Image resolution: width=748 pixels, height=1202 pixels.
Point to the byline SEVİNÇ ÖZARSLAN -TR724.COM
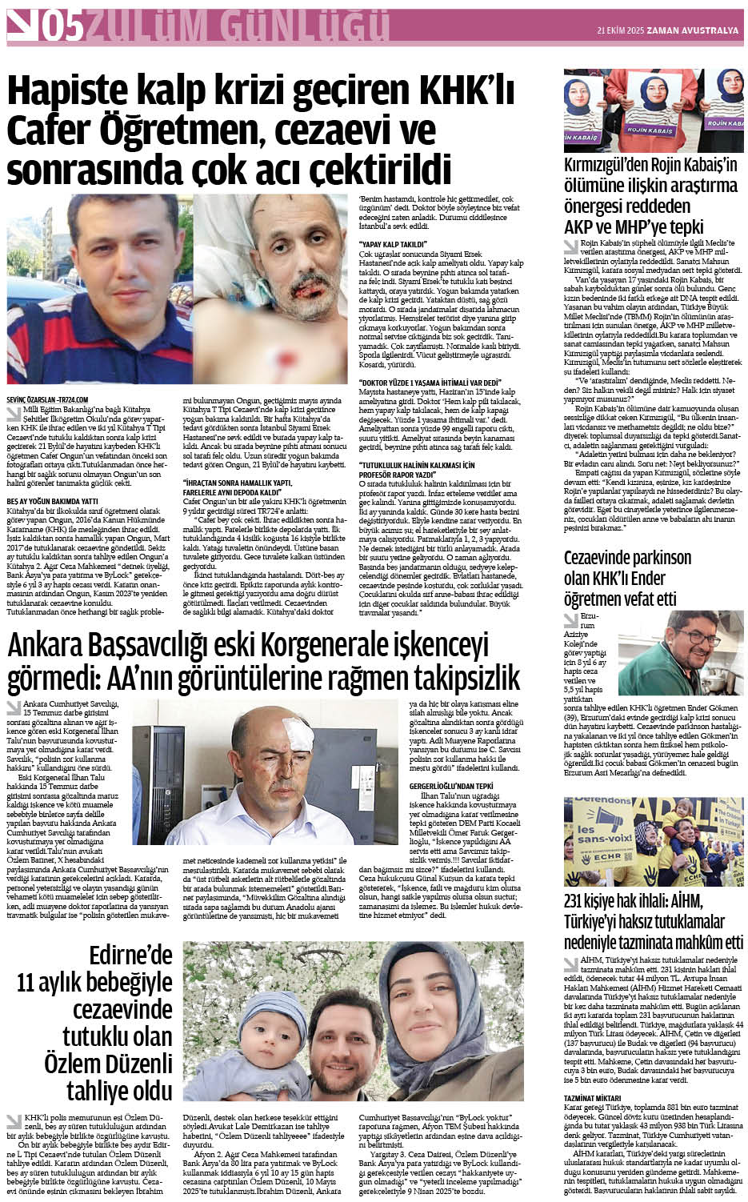(x=47, y=399)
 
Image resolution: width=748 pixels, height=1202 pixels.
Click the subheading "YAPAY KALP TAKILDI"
(x=393, y=243)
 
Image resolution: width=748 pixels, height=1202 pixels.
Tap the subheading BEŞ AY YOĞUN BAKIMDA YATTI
(x=53, y=500)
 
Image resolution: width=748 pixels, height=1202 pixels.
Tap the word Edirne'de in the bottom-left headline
(x=131, y=955)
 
